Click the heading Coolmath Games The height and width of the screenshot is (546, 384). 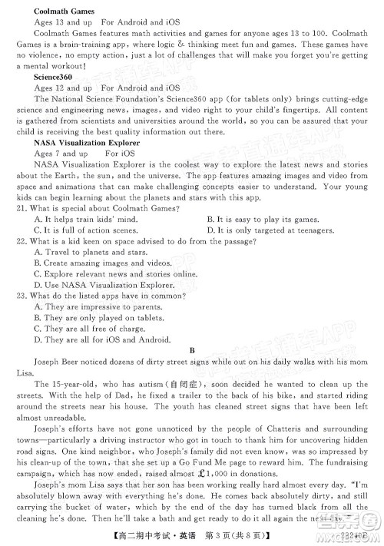coord(64,12)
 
